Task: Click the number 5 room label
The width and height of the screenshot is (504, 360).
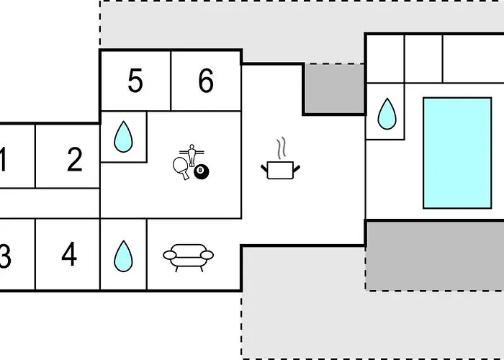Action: click(135, 82)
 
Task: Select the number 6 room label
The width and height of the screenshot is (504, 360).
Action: click(206, 82)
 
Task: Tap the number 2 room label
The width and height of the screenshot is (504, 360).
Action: click(75, 160)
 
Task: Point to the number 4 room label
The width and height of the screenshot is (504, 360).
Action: click(69, 255)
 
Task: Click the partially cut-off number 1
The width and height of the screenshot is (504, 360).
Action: click(3, 160)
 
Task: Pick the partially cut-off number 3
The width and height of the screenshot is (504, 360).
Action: click(4, 256)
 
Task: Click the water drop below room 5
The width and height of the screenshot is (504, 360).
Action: click(123, 136)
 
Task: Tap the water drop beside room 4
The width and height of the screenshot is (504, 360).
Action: click(123, 255)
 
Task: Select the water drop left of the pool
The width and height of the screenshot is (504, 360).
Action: click(387, 112)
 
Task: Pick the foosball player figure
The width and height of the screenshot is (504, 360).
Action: click(192, 153)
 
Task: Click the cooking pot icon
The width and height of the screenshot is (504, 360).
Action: click(279, 170)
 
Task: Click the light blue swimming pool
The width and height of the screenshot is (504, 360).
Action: click(456, 153)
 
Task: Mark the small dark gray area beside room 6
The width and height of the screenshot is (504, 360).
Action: click(333, 88)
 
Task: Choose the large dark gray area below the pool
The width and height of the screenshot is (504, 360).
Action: click(435, 255)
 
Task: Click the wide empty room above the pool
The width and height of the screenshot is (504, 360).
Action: click(472, 58)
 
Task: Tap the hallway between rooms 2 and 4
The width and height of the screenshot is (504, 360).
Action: click(50, 204)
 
